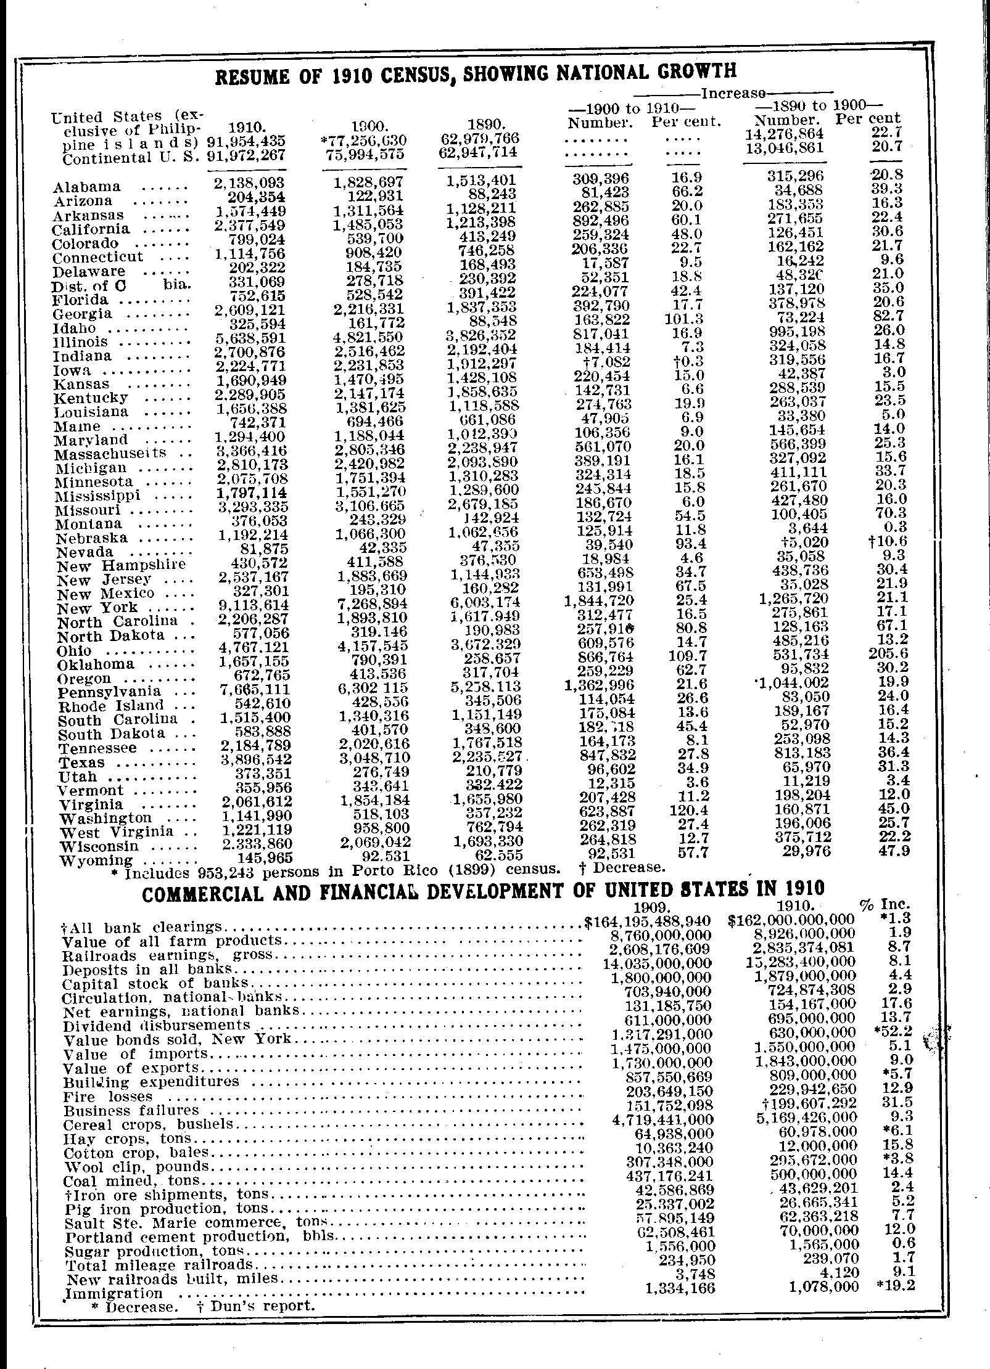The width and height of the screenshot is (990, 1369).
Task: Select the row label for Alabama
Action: click(87, 187)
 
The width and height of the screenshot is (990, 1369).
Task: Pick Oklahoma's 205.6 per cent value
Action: click(889, 655)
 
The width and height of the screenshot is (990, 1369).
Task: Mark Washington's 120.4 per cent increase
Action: click(689, 810)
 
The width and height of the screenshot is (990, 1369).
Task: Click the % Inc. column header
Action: click(885, 905)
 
